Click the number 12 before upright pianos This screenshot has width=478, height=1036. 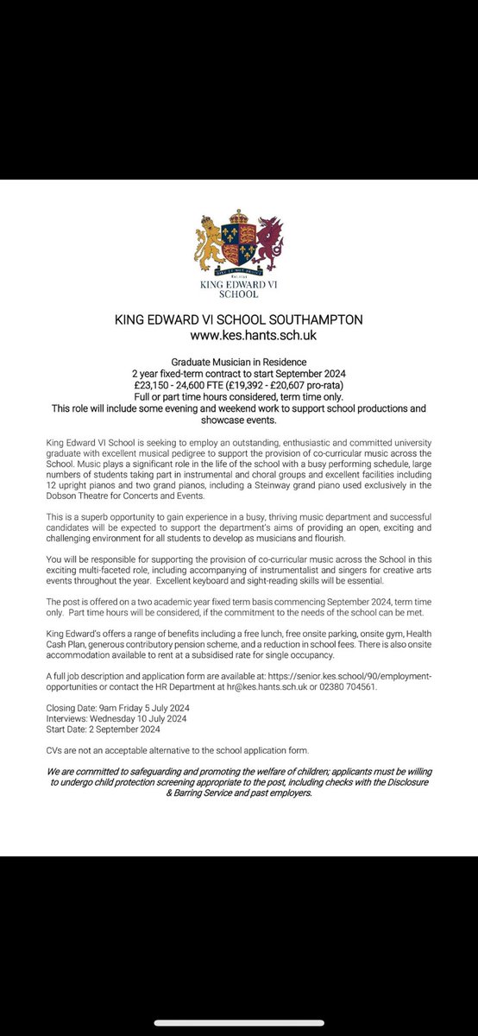click(x=52, y=486)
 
